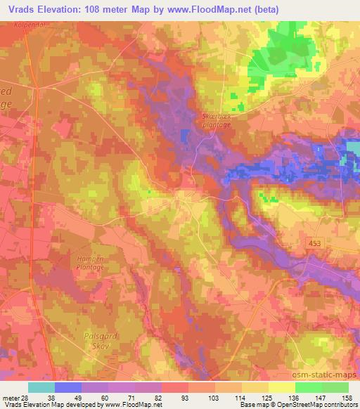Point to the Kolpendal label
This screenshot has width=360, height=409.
(25, 23)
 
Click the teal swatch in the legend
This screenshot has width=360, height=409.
(41, 387)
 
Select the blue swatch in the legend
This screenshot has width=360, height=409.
(68, 387)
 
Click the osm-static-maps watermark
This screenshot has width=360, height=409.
(331, 374)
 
